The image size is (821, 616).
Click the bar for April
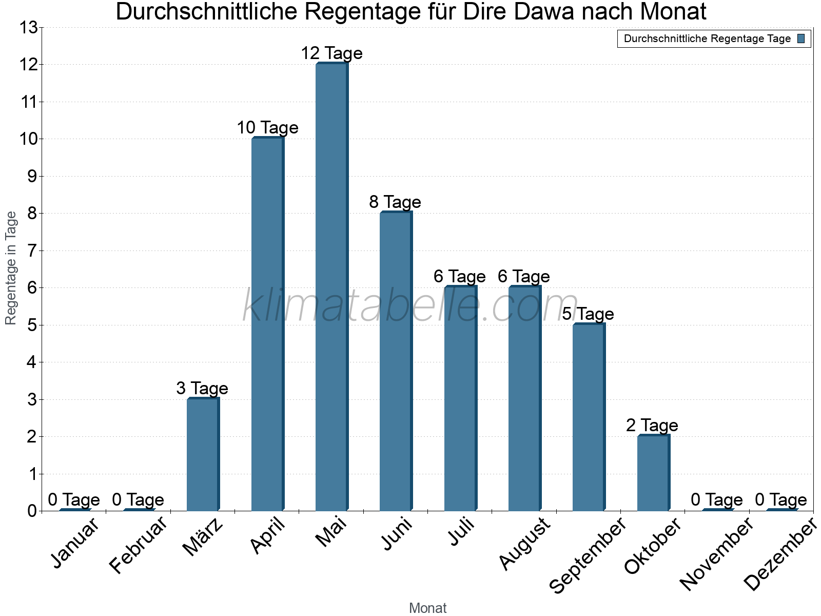pyautogui.click(x=267, y=324)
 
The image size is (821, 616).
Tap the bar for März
pyautogui.click(x=203, y=454)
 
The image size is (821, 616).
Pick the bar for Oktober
pyautogui.click(x=653, y=473)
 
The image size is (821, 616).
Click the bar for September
pyautogui.click(x=589, y=417)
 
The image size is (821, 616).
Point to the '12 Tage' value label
pyautogui.click(x=331, y=53)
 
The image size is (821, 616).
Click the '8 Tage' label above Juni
pyautogui.click(x=395, y=202)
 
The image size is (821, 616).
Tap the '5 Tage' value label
pyautogui.click(x=588, y=314)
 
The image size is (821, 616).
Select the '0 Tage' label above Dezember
pyautogui.click(x=781, y=499)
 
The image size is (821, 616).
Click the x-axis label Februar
pyautogui.click(x=139, y=545)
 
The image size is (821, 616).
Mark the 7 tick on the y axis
pyautogui.click(x=32, y=251)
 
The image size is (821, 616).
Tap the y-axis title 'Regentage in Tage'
pyautogui.click(x=11, y=268)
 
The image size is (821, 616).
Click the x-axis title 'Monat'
pyautogui.click(x=427, y=608)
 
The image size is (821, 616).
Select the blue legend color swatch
pyautogui.click(x=802, y=38)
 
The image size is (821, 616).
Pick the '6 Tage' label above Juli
pyautogui.click(x=459, y=277)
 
